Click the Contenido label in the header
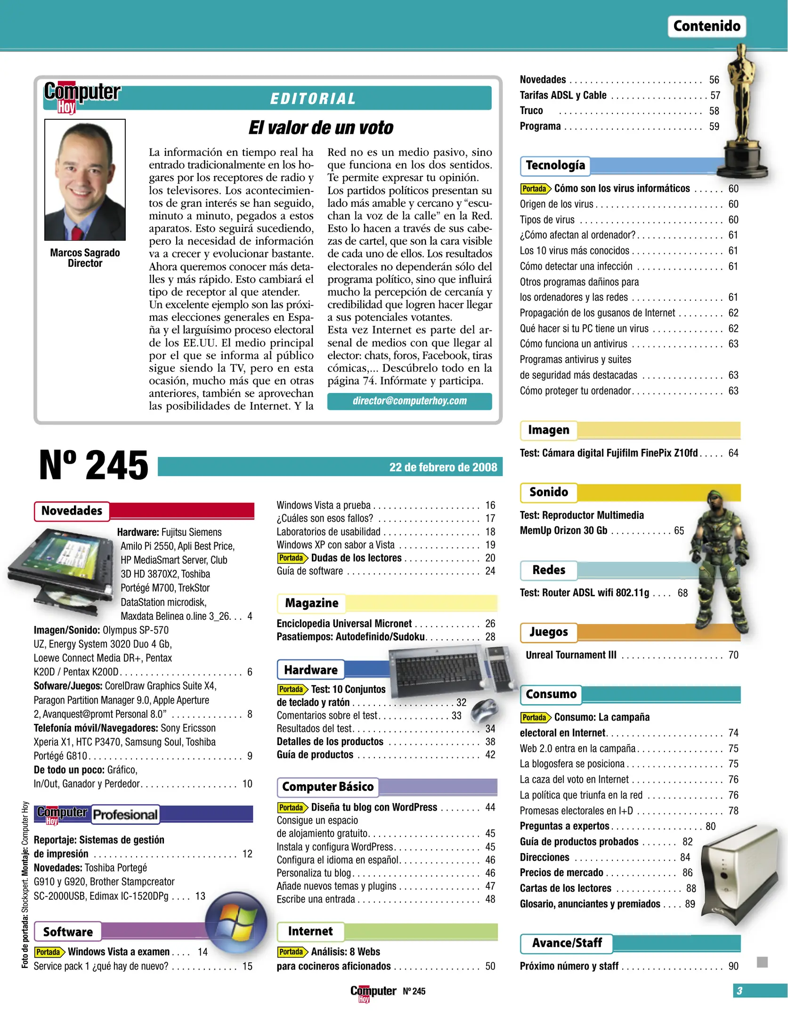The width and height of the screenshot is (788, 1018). coord(706,26)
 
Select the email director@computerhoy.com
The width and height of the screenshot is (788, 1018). coord(409,401)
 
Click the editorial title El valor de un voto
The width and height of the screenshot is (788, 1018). coord(321,128)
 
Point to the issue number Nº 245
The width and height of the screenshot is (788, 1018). coord(93,466)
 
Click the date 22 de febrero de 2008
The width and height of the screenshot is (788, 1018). coord(443,467)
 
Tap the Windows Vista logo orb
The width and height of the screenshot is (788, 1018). coord(236,922)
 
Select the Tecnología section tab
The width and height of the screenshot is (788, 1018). coord(555,165)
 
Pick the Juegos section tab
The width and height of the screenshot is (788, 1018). coord(548,632)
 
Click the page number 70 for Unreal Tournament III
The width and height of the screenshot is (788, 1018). coord(733,655)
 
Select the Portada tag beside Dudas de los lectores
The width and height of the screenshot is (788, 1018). coord(292,558)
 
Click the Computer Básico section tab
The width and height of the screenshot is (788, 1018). coord(327,787)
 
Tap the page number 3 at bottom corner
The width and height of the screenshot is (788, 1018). coord(739,991)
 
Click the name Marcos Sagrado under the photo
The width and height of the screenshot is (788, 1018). coord(85,253)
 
